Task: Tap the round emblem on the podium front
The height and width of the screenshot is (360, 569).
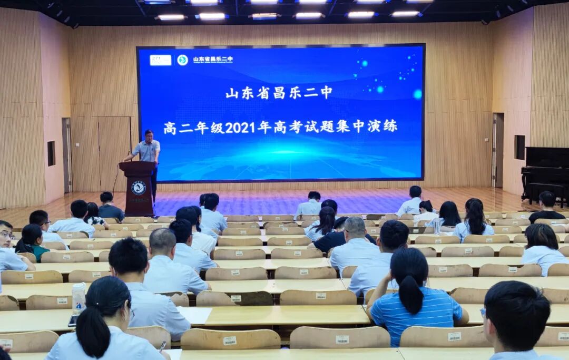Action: point(139,188)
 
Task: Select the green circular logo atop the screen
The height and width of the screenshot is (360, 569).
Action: point(182,60)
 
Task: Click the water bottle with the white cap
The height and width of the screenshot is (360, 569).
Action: point(79,297)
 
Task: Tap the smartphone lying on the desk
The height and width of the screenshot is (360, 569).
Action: point(73,320)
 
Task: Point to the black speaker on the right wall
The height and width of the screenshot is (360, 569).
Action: point(519,147)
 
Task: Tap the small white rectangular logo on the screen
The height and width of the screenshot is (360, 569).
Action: point(160,60)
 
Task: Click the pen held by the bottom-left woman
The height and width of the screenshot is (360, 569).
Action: point(162,346)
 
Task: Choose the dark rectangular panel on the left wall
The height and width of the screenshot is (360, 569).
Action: point(51,153)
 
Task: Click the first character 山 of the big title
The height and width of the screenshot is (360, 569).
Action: point(232,93)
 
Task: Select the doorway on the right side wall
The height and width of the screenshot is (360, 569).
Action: point(498,150)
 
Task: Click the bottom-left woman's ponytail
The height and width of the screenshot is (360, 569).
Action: point(93,332)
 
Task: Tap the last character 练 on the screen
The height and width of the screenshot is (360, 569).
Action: point(390,127)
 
